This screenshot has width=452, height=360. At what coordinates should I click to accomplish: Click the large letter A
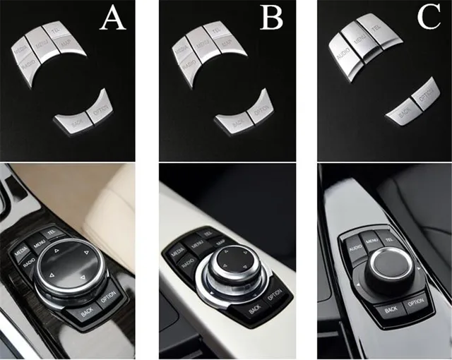[112, 19]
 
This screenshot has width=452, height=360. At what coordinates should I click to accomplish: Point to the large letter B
[271, 19]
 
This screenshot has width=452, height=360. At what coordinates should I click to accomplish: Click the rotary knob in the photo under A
[69, 268]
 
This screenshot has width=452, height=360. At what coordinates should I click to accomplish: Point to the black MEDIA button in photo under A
[23, 247]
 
